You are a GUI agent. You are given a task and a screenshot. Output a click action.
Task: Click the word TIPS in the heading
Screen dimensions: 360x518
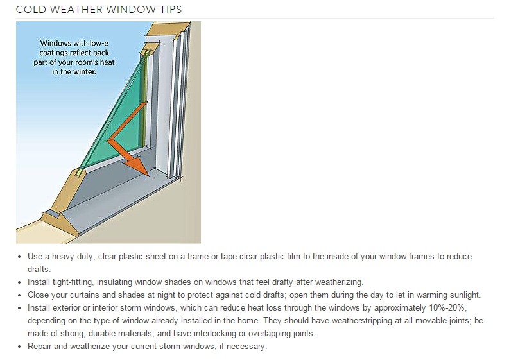167,10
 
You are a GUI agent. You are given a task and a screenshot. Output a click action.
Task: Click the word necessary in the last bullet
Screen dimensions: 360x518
246,347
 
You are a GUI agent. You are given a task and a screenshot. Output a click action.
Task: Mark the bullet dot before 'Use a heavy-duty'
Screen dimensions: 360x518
21,257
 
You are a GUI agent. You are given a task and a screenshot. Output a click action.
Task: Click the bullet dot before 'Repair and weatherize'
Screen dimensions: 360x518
21,347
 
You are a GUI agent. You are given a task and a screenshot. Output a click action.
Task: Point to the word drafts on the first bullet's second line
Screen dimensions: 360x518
40,270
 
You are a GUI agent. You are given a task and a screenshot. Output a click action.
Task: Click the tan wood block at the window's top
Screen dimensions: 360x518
168,29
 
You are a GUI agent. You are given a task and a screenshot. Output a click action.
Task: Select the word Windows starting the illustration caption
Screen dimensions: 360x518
56,44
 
